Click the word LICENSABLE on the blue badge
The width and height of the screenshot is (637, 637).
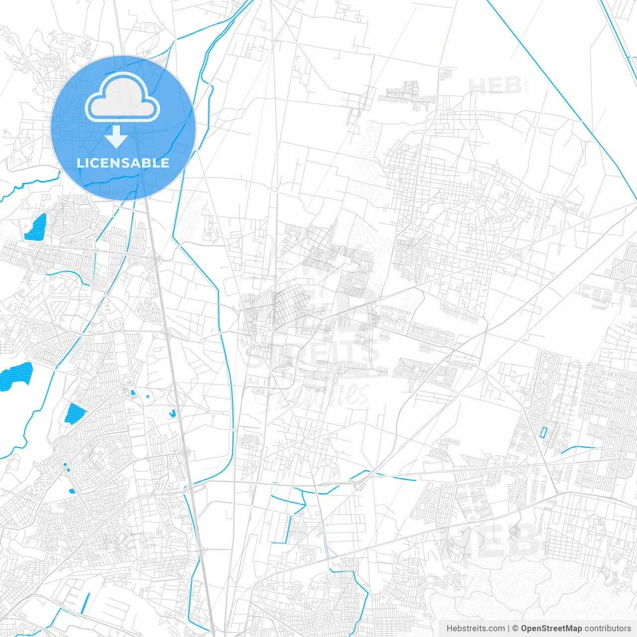pyautogui.click(x=123, y=163)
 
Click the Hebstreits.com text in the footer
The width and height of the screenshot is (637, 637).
pyautogui.click(x=476, y=629)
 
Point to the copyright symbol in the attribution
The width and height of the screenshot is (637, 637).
pyautogui.click(x=516, y=629)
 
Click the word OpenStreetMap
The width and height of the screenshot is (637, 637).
pyautogui.click(x=551, y=629)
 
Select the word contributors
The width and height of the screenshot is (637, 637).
pyautogui.click(x=608, y=629)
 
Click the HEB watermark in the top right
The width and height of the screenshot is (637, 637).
pyautogui.click(x=496, y=86)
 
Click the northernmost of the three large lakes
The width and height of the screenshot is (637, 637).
pyautogui.click(x=36, y=226)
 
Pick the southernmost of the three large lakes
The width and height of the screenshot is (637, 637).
pyautogui.click(x=75, y=413)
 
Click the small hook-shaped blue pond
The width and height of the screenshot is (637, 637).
pyautogui.click(x=172, y=413)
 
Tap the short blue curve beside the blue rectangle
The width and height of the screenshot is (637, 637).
pyautogui.click(x=577, y=449)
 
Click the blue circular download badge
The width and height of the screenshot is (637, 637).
pyautogui.click(x=123, y=128)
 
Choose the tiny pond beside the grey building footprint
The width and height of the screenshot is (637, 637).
pyautogui.click(x=133, y=393)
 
